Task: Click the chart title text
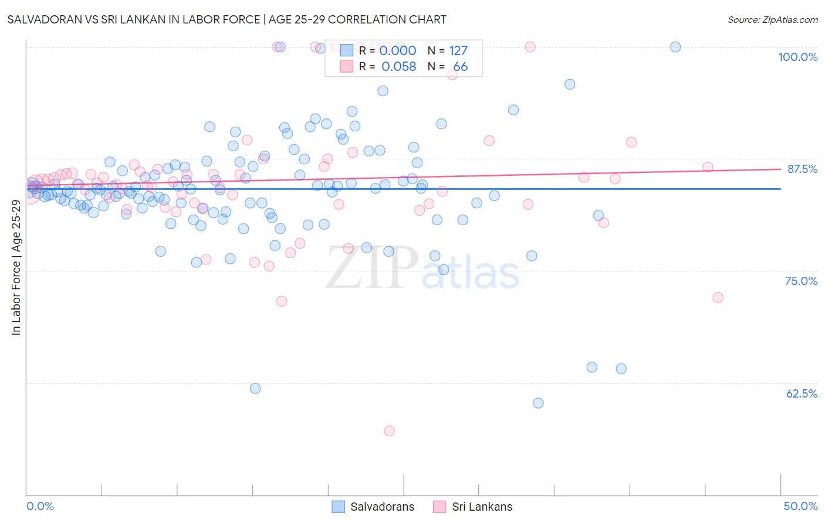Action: coord(226,19)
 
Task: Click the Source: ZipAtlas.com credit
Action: coord(772,19)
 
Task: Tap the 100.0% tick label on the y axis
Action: coord(797,57)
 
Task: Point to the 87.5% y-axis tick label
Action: coord(802,169)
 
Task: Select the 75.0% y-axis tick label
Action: coord(801,281)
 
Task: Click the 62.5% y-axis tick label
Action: coord(802,393)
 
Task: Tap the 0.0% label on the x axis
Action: coord(40,506)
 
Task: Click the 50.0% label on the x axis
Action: coord(800,506)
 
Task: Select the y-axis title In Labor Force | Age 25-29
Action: coord(16,267)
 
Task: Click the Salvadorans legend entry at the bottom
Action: coord(373,507)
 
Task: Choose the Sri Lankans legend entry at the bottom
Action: coord(473,507)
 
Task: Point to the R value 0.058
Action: coord(398,67)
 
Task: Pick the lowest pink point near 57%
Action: coord(389,431)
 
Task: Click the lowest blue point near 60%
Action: coord(538,403)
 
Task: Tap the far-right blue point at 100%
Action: coord(675,47)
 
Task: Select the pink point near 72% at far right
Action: coord(718,297)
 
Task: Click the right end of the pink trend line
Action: coord(780,169)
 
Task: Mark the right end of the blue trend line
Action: coord(780,189)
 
